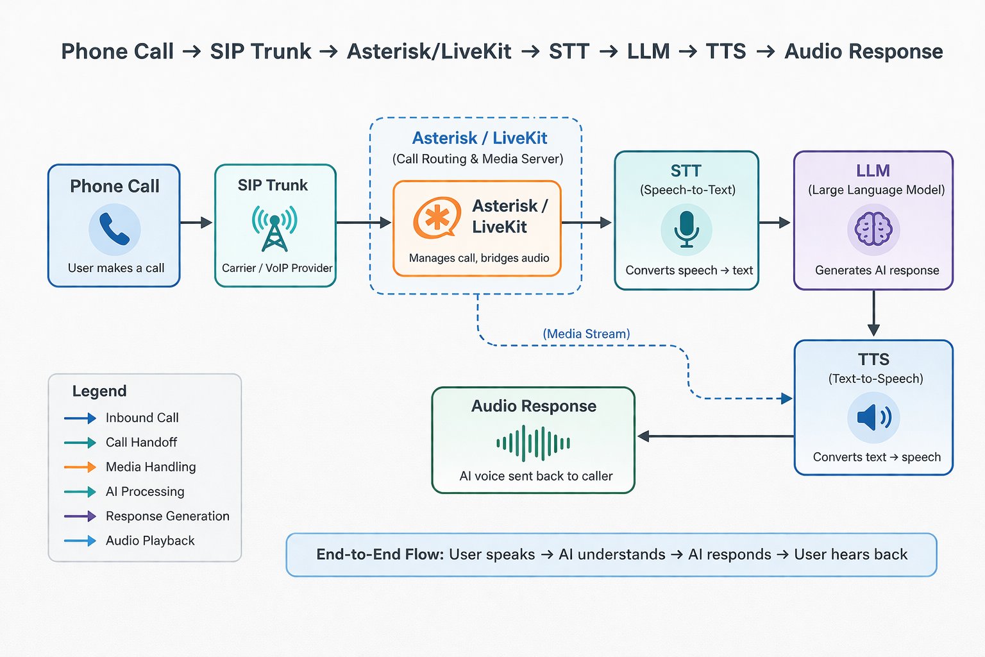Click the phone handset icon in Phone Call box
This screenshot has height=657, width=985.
114,230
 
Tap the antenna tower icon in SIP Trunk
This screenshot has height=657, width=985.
274,228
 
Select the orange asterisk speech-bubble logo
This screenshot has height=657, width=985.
437,218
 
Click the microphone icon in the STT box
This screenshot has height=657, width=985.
686,229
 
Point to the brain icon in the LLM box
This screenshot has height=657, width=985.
873,229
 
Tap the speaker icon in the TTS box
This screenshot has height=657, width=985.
873,418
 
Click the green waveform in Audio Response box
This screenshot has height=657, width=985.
533,443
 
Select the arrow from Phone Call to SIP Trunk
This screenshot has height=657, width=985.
196,223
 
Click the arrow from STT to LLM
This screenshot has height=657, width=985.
775,223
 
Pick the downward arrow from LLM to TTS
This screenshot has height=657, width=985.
873,314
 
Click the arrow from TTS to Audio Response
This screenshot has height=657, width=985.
715,436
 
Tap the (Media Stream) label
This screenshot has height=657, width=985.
586,334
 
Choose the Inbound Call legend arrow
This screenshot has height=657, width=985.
80,418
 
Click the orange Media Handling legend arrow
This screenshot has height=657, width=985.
80,467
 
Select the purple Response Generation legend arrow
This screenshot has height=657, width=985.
80,516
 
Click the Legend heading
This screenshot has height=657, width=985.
99,391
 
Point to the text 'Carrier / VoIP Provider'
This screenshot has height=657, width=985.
277,268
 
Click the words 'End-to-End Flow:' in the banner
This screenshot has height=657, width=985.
380,554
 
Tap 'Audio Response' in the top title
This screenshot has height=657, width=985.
863,51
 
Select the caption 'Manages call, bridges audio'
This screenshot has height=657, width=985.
479,258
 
